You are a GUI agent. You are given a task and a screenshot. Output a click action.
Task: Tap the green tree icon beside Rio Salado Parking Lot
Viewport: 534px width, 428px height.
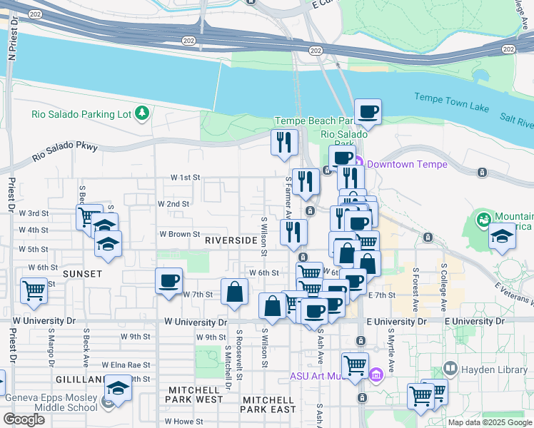143,113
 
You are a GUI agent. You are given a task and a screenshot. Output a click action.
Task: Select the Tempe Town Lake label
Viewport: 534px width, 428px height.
452,105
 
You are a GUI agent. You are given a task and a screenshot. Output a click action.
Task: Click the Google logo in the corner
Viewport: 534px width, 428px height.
24,419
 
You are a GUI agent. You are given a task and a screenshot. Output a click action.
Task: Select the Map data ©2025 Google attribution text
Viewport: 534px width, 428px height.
490,422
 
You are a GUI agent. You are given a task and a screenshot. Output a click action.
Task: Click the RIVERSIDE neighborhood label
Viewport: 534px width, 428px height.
230,241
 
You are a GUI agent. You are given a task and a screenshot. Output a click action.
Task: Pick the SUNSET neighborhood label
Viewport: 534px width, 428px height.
82,273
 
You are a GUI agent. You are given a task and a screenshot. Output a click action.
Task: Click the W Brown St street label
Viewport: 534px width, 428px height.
178,233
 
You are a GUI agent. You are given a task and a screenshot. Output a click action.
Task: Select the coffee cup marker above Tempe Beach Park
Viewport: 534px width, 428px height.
368,112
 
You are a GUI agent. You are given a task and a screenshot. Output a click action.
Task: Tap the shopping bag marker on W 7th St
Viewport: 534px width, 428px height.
234,292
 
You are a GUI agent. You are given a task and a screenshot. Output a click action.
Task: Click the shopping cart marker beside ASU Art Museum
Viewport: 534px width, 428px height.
355,366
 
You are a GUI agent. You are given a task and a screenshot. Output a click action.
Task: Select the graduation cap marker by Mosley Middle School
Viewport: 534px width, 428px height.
118,389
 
